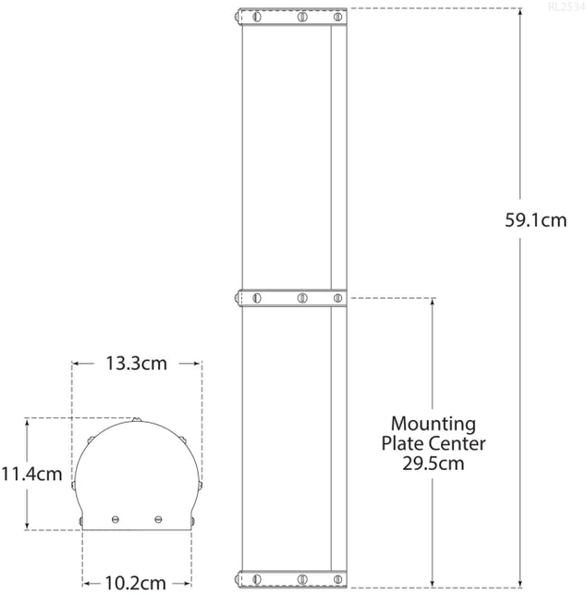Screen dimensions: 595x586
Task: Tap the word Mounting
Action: [x=433, y=425]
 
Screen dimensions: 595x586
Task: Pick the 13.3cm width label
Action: [x=137, y=364]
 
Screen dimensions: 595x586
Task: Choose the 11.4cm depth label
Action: [x=31, y=475]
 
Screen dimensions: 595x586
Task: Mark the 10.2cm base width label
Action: [x=136, y=583]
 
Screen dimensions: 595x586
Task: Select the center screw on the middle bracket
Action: [x=301, y=298]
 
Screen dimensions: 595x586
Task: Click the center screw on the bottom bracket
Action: [x=301, y=578]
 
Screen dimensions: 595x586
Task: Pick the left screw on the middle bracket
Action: [x=257, y=298]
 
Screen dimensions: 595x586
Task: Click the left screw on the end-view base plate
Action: [x=116, y=518]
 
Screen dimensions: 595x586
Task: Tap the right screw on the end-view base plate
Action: [x=158, y=518]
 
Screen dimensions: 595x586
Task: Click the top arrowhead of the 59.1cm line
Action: [x=521, y=14]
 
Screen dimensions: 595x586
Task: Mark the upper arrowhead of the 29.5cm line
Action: [x=433, y=304]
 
